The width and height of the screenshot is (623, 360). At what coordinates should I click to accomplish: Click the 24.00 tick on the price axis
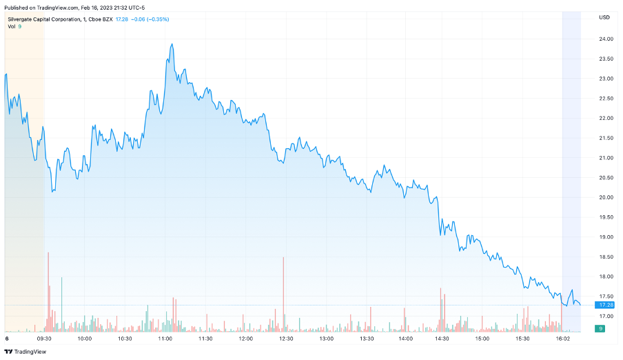606,39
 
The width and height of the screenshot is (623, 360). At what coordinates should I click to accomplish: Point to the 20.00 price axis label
606,197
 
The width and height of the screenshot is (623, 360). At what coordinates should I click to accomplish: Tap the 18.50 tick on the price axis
606,257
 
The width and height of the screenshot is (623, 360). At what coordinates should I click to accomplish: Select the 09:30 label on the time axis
45,339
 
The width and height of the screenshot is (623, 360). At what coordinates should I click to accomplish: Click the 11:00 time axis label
165,339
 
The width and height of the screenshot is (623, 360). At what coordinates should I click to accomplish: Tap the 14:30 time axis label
442,339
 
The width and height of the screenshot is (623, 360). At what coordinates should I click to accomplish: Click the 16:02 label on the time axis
562,339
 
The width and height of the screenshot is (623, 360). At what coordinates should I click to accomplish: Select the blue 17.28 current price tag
606,305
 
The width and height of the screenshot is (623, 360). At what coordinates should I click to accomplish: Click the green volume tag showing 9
602,328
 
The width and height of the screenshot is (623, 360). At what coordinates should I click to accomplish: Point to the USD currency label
604,17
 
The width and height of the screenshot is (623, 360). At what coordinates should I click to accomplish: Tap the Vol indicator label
12,26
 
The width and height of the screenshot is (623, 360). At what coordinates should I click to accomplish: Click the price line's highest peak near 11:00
172,44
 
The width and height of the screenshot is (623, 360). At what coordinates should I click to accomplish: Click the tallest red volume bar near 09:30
48,290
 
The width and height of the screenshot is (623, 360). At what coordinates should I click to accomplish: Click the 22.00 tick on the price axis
606,118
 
